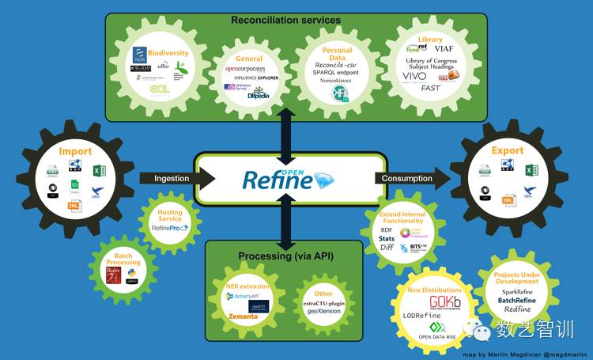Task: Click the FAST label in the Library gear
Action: coord(430,88)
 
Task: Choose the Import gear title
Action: coord(75,150)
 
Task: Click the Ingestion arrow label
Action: coord(170,178)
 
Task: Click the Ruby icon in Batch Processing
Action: coord(114,275)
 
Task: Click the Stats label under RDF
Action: coord(387,237)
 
